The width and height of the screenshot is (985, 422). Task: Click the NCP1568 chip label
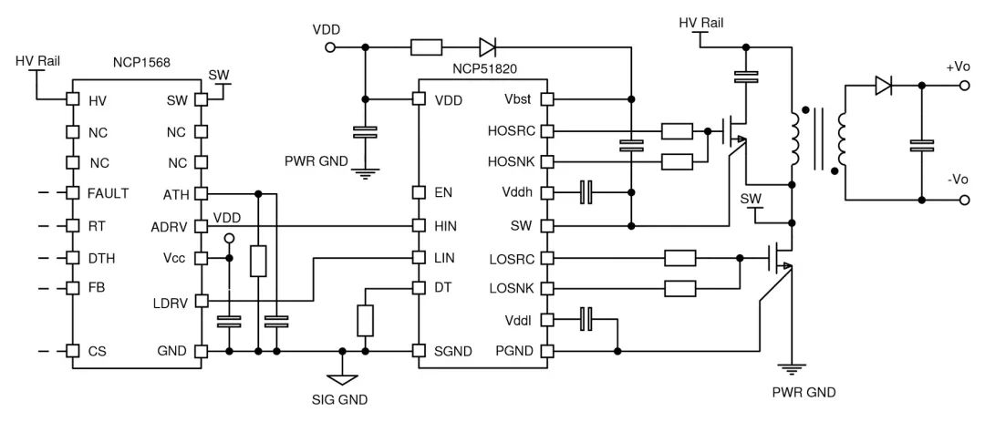point(141,64)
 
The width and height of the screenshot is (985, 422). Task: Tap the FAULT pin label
point(109,193)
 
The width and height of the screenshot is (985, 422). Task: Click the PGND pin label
point(513,351)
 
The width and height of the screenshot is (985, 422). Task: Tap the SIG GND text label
point(340,398)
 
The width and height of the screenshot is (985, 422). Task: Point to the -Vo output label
point(958,180)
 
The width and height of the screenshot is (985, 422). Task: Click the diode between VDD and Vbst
point(486,46)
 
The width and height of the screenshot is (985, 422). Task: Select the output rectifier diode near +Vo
point(882,86)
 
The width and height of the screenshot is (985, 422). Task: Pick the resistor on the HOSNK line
point(677,162)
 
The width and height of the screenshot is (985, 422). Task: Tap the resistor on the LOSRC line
point(680,257)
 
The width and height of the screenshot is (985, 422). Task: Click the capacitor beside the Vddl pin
point(587,319)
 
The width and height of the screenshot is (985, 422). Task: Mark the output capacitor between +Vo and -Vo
point(922,144)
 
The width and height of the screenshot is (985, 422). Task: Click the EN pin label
point(444,193)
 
